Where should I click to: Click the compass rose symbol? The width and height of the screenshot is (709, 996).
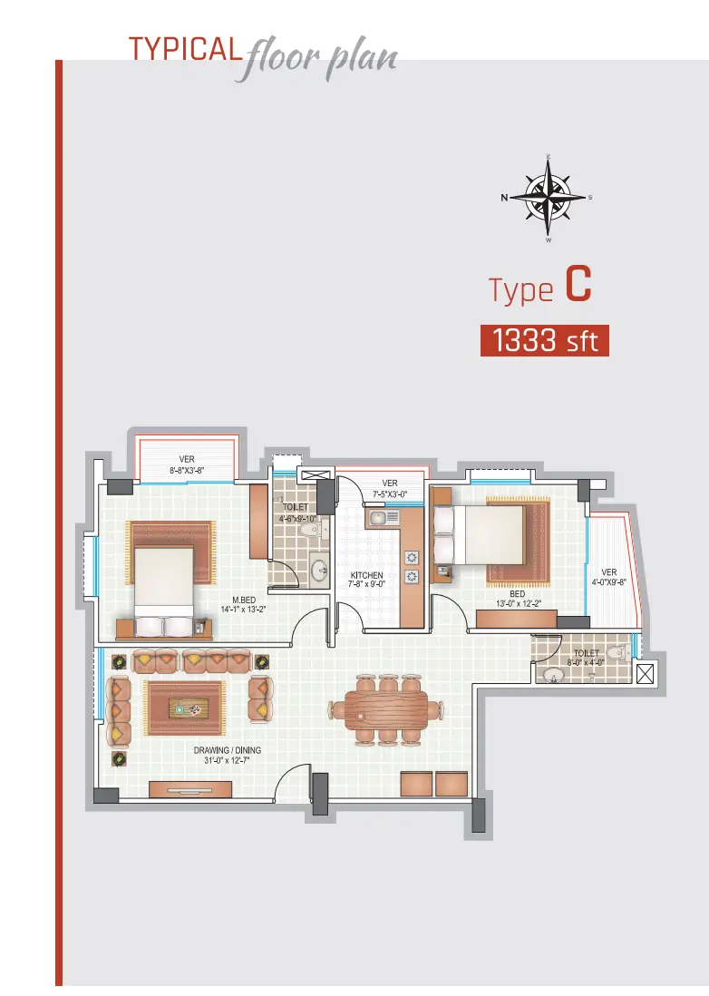coord(548,197)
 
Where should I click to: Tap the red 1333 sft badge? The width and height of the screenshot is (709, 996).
coord(545,340)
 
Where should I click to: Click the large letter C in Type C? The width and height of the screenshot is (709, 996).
coord(578,284)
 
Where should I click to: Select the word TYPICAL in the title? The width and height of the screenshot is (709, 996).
coord(185,50)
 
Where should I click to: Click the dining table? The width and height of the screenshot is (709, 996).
coord(386,708)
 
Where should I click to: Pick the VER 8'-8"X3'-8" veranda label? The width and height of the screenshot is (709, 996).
coord(187,465)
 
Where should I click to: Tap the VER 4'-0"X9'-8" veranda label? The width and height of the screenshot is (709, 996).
coord(609,577)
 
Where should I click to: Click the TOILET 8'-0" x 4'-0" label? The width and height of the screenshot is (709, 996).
coord(586,658)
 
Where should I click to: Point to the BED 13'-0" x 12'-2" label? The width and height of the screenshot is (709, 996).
coord(518,599)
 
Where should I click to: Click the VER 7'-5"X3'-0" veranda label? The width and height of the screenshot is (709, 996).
coord(390,488)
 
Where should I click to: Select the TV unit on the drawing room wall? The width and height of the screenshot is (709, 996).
coord(189,789)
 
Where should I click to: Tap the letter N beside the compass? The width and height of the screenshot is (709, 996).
coord(505,198)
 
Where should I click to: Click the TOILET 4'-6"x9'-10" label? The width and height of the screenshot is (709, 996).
coord(296,513)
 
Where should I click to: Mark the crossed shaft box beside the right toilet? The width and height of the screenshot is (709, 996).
coord(645,674)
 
